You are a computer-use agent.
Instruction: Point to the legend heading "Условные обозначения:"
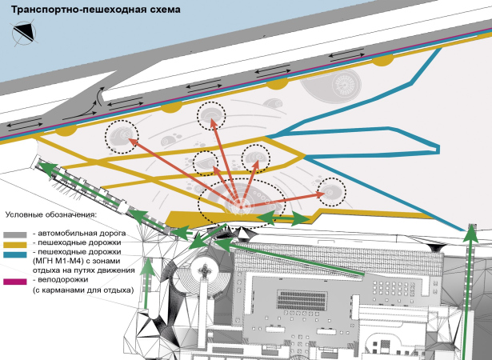coord(50,215)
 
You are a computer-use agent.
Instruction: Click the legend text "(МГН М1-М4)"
coord(60,261)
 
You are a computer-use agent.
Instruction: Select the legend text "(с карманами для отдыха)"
coord(82,291)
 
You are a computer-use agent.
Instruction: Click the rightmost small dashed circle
coord(331,191)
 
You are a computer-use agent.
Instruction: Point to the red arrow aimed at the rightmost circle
coord(288,196)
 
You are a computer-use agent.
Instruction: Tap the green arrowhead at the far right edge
coord(472,234)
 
